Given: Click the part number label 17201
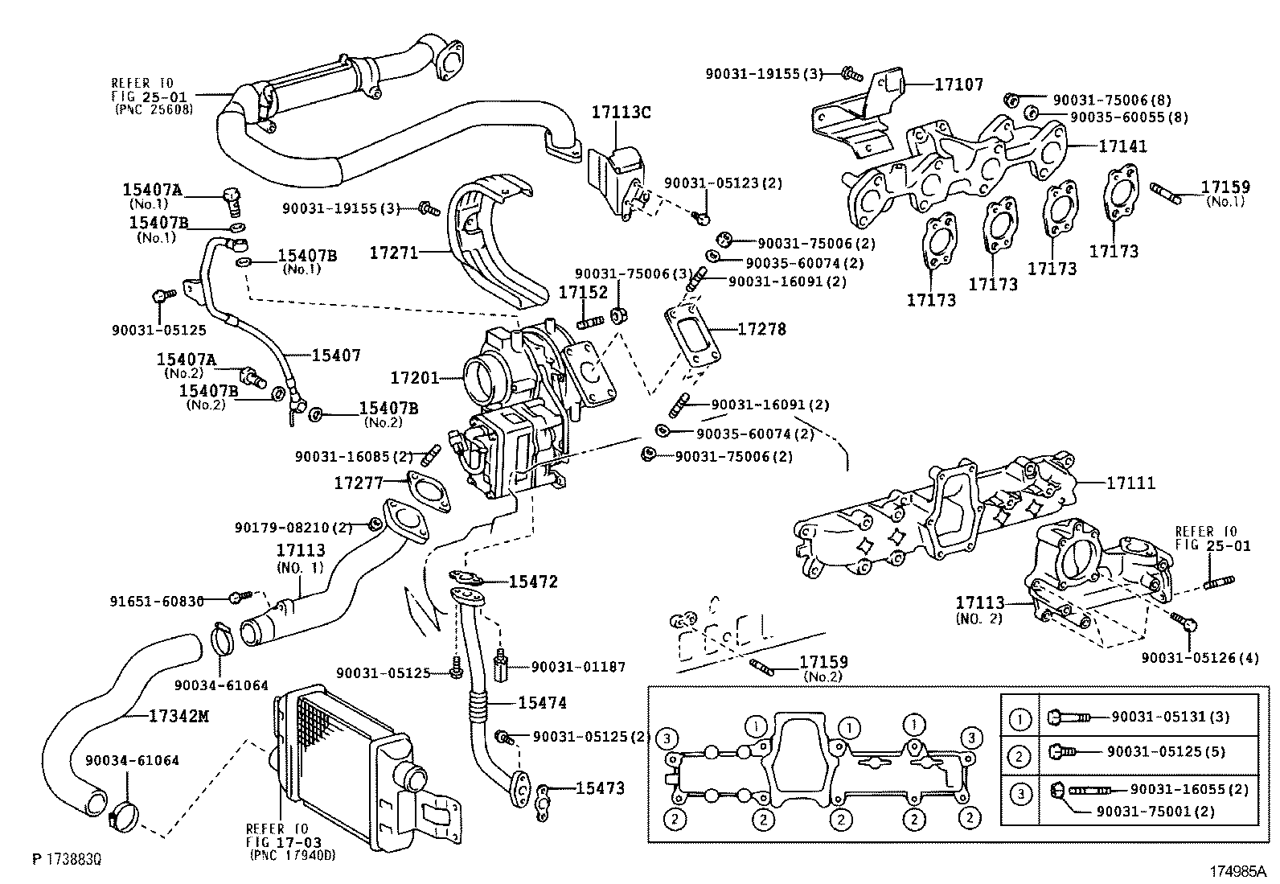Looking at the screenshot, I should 414,377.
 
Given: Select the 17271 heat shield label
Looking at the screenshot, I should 393,253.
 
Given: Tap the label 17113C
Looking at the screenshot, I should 621,112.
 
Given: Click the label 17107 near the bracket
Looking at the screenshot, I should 958,84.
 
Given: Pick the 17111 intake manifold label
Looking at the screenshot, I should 1130,483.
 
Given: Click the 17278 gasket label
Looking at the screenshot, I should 761,329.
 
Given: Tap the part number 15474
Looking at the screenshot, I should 542,703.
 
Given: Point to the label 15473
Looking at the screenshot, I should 599,788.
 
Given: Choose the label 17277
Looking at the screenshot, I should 359,483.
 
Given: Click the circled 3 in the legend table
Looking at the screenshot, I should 1019,794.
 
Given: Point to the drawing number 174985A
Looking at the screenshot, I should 1237,870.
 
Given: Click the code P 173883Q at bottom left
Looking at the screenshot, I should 67,860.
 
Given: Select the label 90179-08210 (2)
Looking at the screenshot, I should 293,528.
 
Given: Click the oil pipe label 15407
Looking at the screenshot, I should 336,355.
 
